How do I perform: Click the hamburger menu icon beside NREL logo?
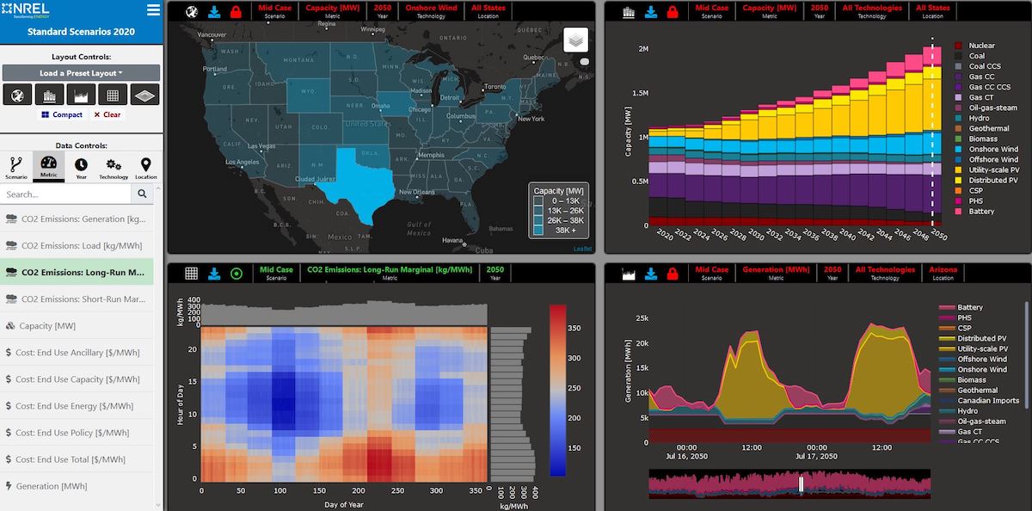click(153, 10)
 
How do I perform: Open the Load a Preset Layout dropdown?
click(81, 73)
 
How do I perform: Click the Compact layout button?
click(62, 114)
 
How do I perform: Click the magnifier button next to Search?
click(143, 194)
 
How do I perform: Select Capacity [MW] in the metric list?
click(47, 326)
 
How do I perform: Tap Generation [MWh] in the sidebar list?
click(51, 486)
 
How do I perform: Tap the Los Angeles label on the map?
click(243, 162)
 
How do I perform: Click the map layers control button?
click(575, 40)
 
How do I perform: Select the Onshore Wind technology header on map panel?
click(432, 11)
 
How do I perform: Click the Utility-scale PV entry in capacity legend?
click(993, 169)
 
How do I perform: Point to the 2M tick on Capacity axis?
click(643, 49)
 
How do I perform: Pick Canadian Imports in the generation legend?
click(988, 401)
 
